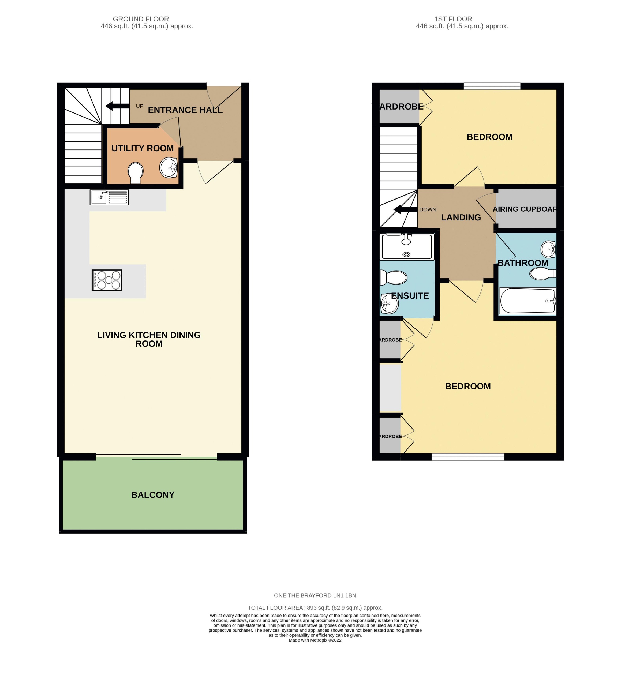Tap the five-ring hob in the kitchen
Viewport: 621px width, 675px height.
(x=107, y=280)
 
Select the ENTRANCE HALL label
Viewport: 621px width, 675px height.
(x=185, y=110)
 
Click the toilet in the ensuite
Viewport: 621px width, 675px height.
(x=394, y=277)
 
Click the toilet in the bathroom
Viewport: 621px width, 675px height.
(x=542, y=274)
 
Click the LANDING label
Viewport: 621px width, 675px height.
(x=461, y=218)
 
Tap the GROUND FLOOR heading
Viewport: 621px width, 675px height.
(x=141, y=19)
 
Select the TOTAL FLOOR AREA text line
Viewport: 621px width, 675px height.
(x=315, y=608)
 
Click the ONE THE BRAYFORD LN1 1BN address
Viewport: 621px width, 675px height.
(x=315, y=595)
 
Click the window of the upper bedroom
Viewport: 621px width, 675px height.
(x=492, y=86)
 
